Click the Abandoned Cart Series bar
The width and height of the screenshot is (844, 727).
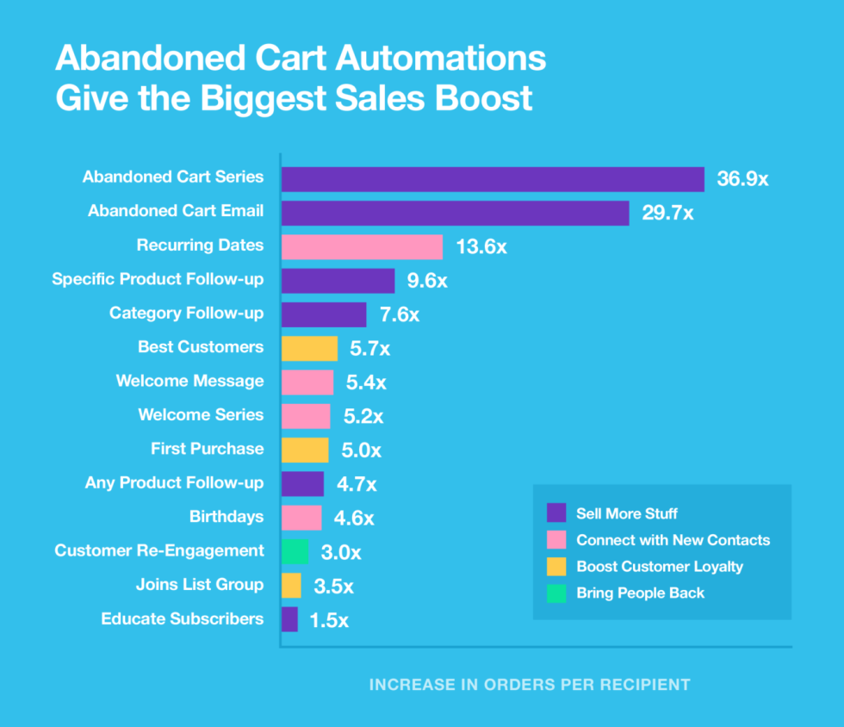[493, 179]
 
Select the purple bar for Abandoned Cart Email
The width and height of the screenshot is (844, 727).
[455, 213]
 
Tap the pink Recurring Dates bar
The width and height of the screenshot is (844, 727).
[362, 247]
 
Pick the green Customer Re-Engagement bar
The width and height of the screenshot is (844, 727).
[295, 551]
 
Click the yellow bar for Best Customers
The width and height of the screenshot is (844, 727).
[309, 348]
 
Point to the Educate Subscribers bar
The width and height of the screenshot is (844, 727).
[289, 619]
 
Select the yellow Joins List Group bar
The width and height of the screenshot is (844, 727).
[291, 586]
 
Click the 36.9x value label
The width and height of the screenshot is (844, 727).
[742, 180]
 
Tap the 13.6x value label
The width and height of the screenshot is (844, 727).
[481, 247]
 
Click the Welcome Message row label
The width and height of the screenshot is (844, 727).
[189, 381]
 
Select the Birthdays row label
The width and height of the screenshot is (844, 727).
[227, 517]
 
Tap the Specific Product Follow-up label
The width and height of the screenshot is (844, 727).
[158, 279]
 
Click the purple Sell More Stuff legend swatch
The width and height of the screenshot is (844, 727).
[556, 513]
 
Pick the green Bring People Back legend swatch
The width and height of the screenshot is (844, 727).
[556, 593]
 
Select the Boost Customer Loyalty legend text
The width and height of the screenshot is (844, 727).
[659, 567]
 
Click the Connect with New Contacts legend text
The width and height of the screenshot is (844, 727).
[673, 540]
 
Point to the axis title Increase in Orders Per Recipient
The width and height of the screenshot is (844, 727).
[530, 685]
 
